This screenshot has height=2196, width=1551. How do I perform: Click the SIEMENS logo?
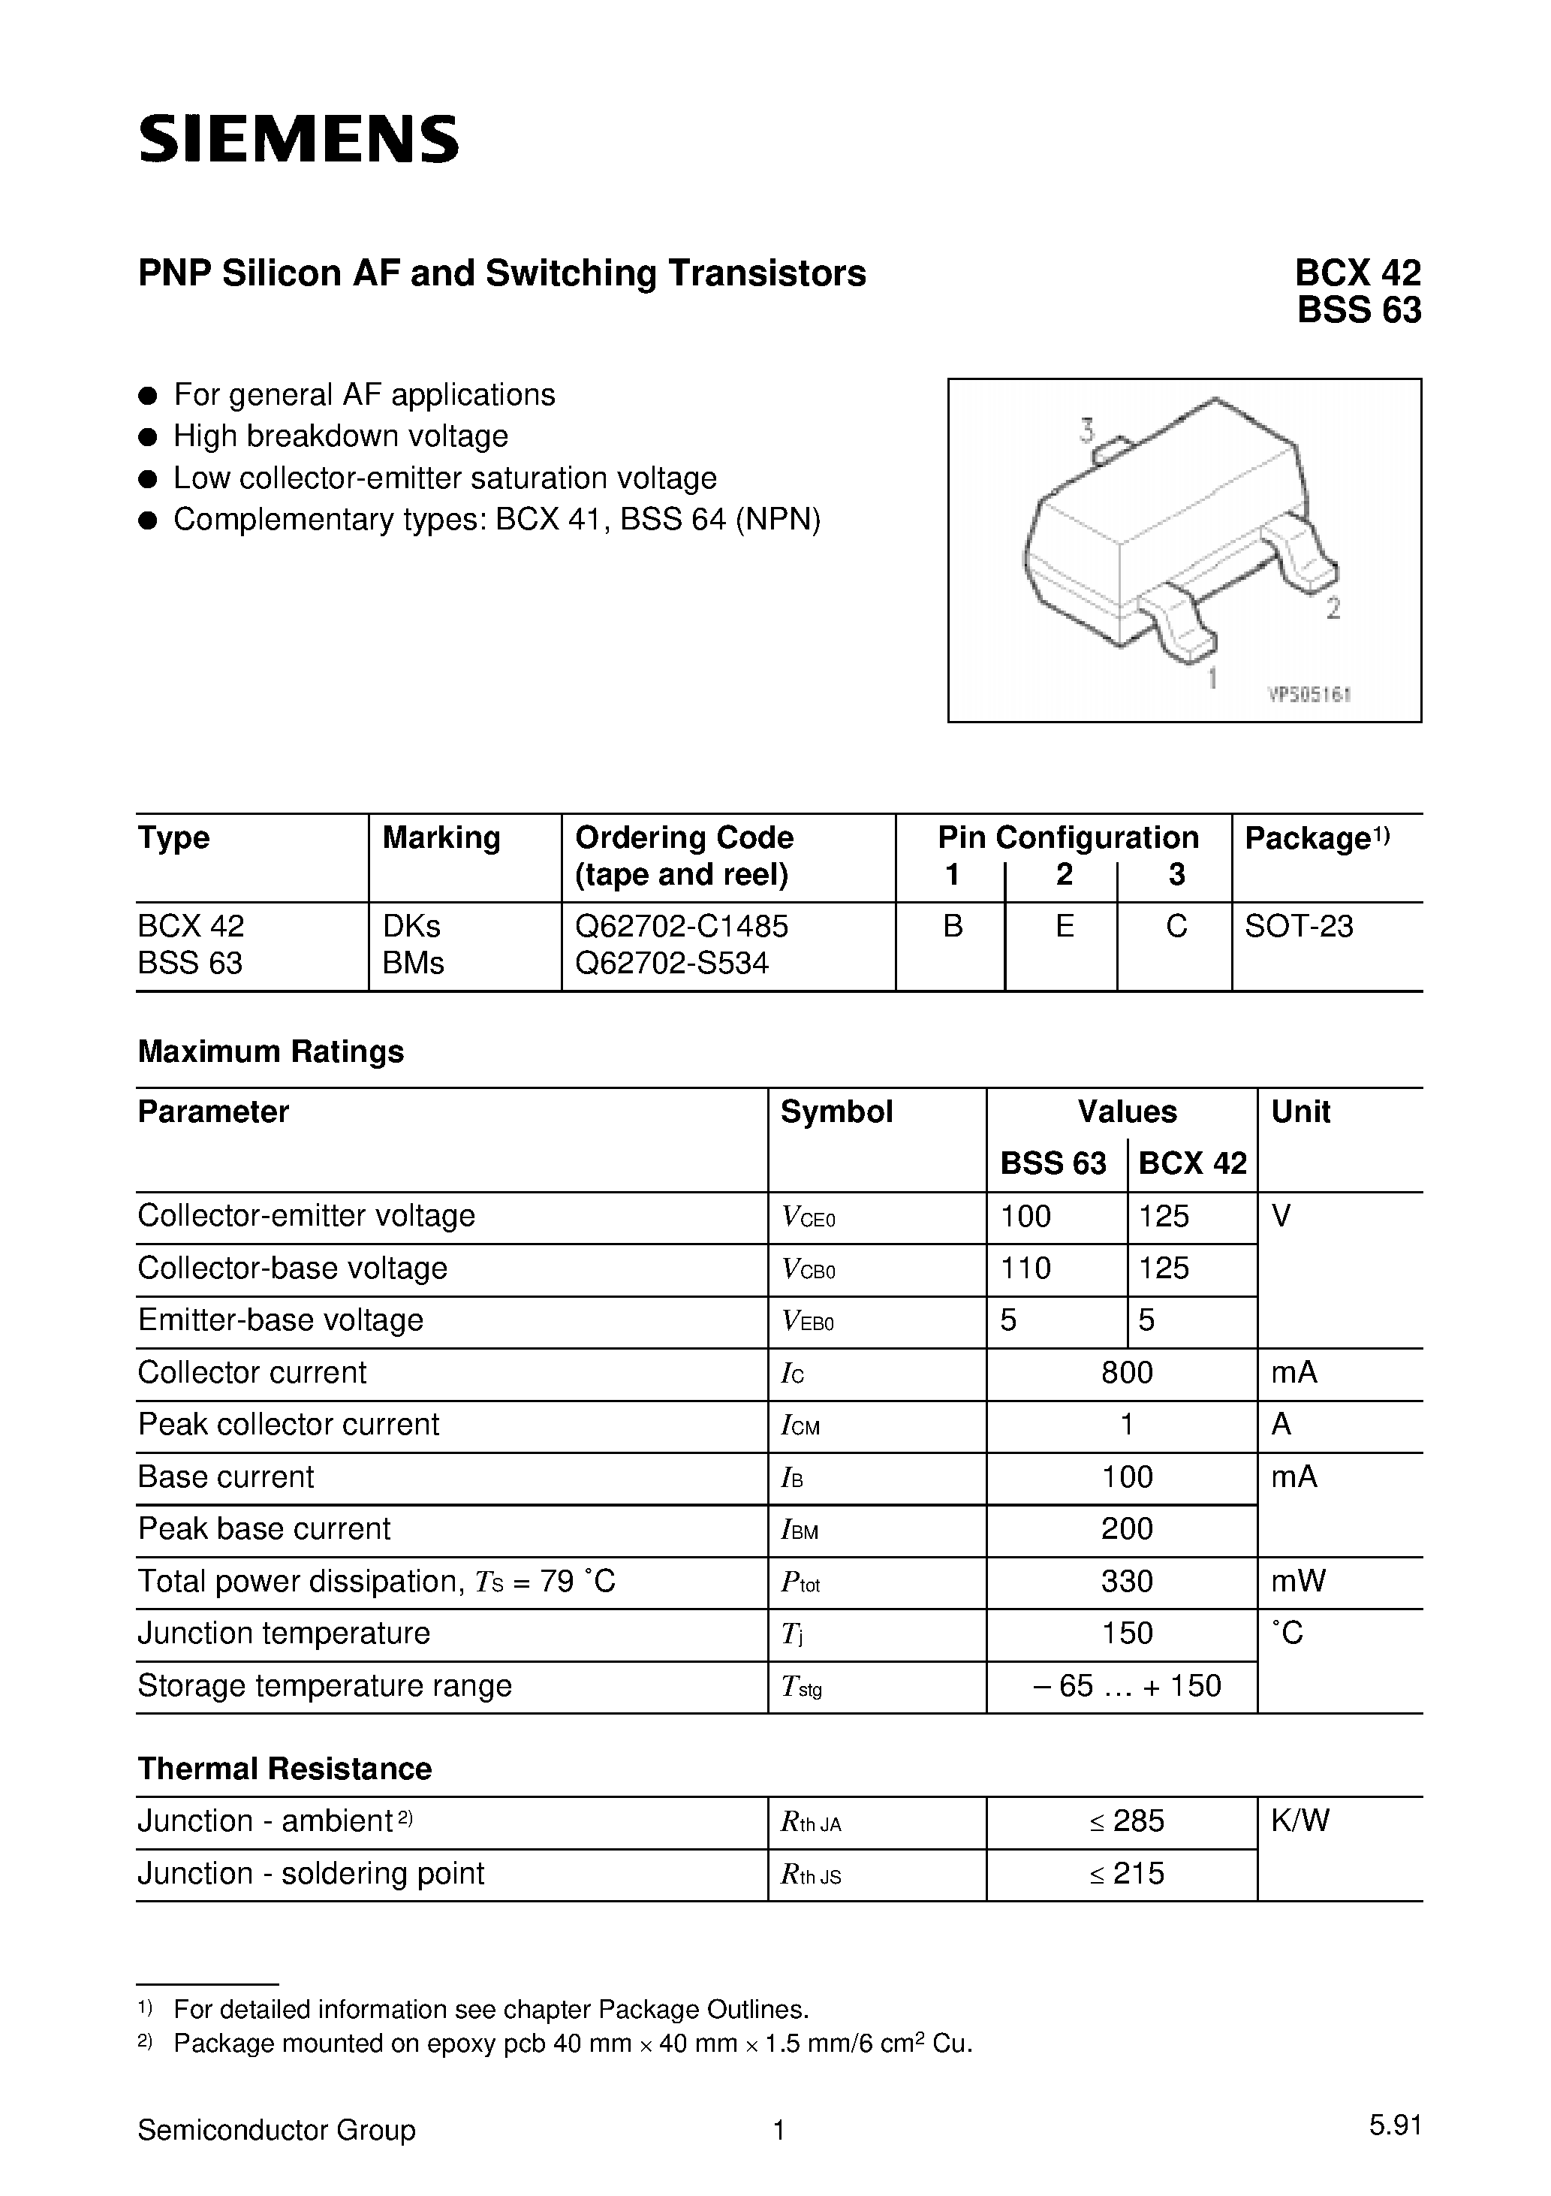click(298, 140)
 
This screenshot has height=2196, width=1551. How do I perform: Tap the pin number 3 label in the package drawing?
click(1086, 430)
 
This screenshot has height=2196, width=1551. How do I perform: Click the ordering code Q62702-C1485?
click(681, 926)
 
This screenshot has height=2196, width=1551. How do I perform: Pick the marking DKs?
click(411, 926)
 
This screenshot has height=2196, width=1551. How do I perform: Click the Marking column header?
click(441, 838)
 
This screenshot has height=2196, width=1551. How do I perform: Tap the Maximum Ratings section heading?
click(270, 1051)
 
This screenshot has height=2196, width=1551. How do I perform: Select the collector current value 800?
click(1126, 1373)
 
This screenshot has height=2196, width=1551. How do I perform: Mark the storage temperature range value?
click(1126, 1685)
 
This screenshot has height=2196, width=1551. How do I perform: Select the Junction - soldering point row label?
click(311, 1873)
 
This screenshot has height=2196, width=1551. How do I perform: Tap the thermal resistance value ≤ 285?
click(1126, 1821)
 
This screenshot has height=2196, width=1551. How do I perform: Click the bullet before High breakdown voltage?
click(147, 437)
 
